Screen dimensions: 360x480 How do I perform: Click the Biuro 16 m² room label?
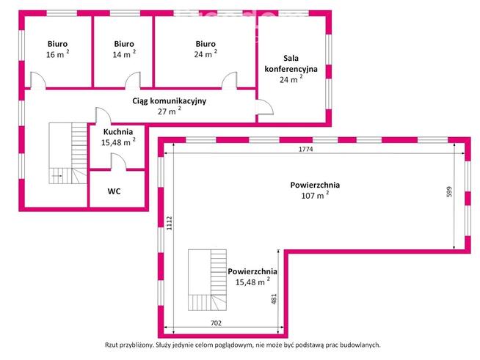pos(57,48)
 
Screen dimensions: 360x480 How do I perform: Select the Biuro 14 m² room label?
pos(123,48)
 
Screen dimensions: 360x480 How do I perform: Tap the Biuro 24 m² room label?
pos(205,48)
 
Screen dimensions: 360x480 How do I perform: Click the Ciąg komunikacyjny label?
pos(169,106)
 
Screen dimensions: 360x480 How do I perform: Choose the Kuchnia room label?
pos(118,137)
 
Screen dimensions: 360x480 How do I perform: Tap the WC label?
pos(114,191)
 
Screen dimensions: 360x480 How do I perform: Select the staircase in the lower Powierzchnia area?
pos(208,281)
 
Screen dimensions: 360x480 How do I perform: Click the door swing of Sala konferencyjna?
pos(264,111)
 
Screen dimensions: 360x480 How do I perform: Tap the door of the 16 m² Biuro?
pos(37,81)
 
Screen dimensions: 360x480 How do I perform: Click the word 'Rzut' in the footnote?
pos(114,344)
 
